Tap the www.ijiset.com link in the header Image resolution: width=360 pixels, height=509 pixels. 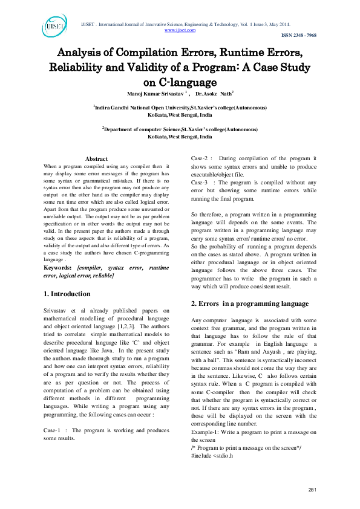click(180, 30)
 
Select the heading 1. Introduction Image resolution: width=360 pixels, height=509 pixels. click(67, 294)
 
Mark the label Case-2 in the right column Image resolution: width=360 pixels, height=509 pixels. click(201, 158)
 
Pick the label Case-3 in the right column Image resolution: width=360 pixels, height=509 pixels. click(201, 182)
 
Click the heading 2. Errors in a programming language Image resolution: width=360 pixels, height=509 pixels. click(250, 303)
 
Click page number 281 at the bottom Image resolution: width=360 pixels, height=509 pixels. click(312, 489)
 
